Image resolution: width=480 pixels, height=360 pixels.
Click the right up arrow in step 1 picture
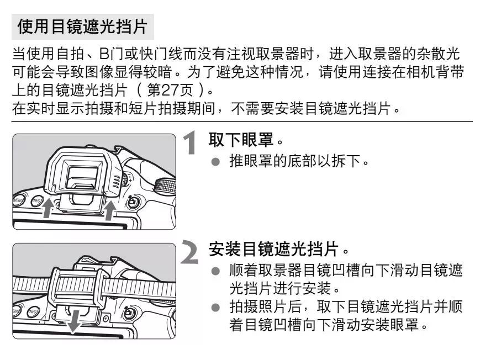(x=111, y=210)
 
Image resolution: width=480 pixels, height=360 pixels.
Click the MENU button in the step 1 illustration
(x=18, y=200)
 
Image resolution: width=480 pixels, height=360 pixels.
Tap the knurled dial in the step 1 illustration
(x=163, y=188)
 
